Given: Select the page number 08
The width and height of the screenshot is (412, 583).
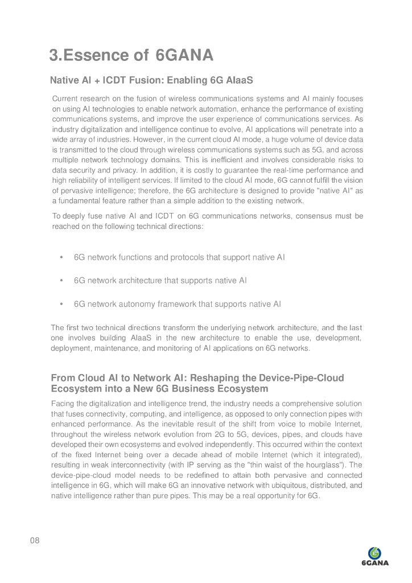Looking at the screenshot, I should pyautogui.click(x=35, y=540).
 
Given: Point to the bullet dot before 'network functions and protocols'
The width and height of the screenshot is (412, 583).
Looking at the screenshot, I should pyautogui.click(x=61, y=257).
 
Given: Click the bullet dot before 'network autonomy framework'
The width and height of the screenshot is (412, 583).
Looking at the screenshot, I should pyautogui.click(x=61, y=304).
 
